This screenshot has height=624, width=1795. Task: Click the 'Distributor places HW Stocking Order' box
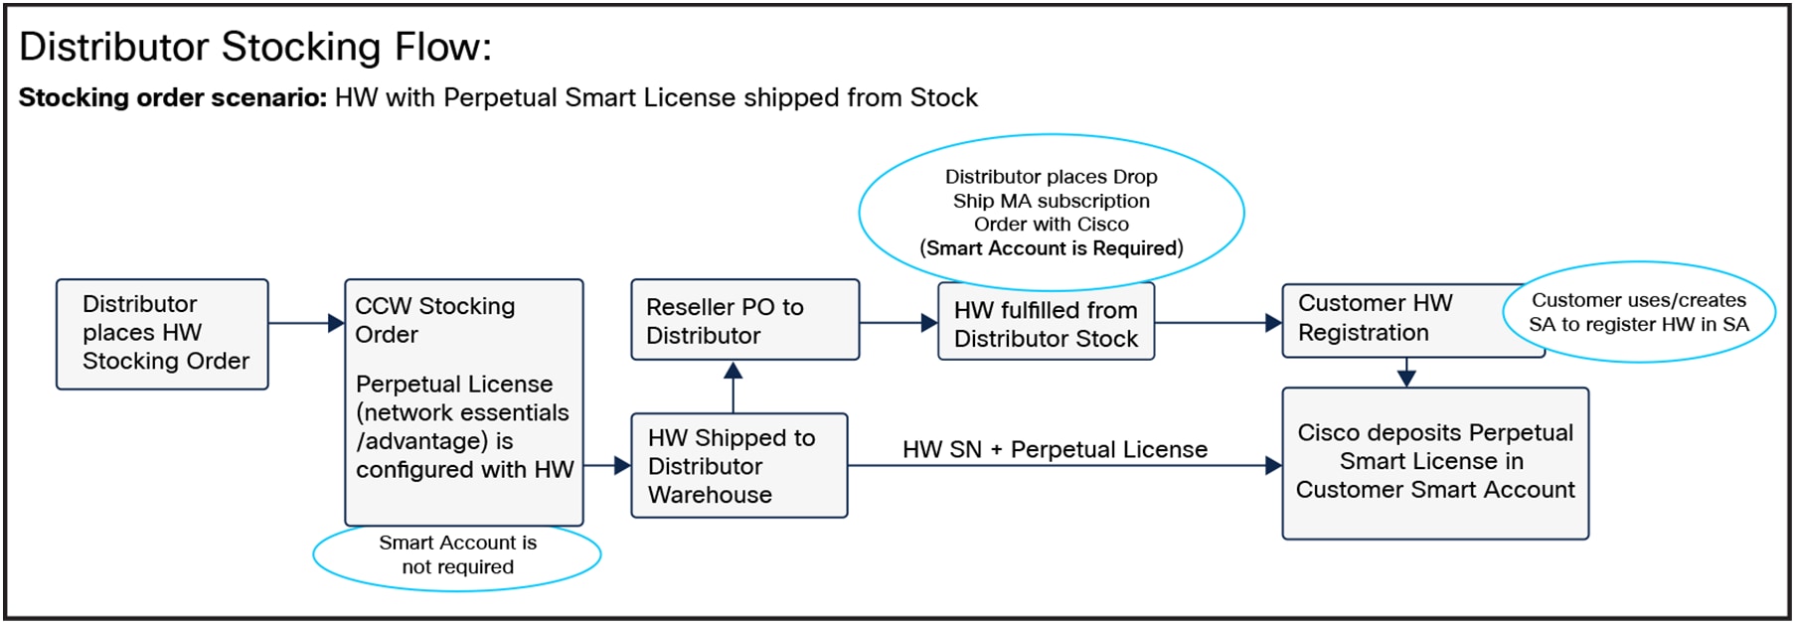[162, 334]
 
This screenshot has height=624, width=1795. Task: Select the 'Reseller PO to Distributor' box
[744, 320]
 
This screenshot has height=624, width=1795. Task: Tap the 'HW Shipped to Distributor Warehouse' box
[738, 466]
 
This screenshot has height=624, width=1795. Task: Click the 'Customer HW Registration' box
[1391, 319]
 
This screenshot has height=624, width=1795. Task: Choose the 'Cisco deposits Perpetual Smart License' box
[1435, 463]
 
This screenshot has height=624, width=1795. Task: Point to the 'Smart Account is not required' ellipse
[457, 555]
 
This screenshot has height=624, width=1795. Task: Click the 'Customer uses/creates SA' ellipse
[1639, 312]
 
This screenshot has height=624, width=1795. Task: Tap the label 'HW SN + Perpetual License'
[1055, 450]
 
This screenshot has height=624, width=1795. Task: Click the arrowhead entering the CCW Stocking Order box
[336, 323]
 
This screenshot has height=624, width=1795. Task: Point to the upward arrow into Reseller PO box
[734, 372]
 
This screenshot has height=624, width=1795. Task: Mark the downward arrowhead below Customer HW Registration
[1406, 378]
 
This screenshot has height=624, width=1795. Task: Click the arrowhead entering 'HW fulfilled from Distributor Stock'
[929, 323]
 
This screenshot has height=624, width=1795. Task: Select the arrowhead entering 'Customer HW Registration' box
[1273, 323]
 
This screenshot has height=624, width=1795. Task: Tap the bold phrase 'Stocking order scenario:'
[172, 97]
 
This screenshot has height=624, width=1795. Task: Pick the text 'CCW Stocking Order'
[434, 320]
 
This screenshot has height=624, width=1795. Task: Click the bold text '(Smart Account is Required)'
[1052, 248]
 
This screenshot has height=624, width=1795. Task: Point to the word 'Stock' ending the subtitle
[943, 97]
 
